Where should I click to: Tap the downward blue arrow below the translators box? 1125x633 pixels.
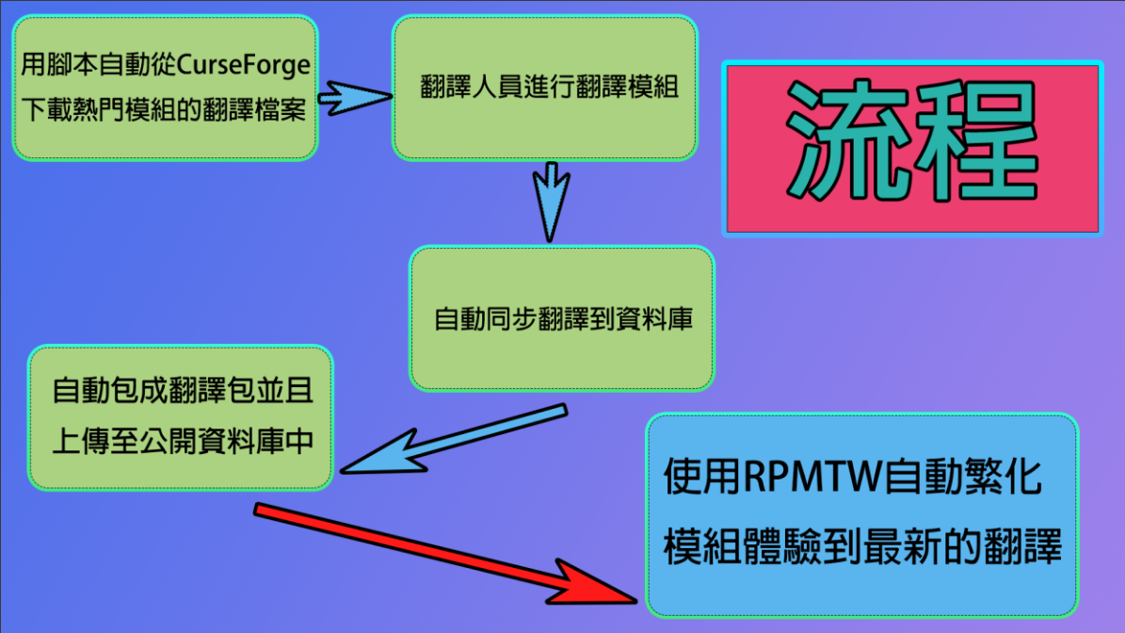[x=552, y=200]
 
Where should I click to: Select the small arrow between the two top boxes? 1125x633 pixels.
[x=353, y=95]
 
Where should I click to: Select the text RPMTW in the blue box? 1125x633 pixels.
[x=812, y=478]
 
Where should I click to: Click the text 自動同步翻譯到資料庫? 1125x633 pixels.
[x=563, y=319]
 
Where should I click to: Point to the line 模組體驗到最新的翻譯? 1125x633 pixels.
[x=862, y=546]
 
